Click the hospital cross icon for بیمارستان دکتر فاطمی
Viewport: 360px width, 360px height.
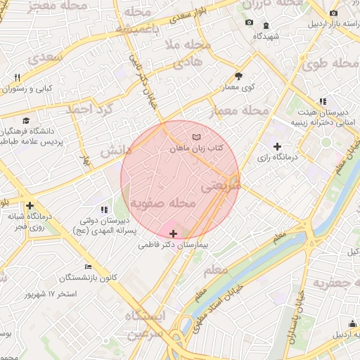click(174, 233)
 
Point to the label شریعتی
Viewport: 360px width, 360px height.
click(221, 186)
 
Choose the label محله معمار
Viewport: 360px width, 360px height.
click(239, 110)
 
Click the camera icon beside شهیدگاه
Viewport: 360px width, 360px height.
click(248, 23)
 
